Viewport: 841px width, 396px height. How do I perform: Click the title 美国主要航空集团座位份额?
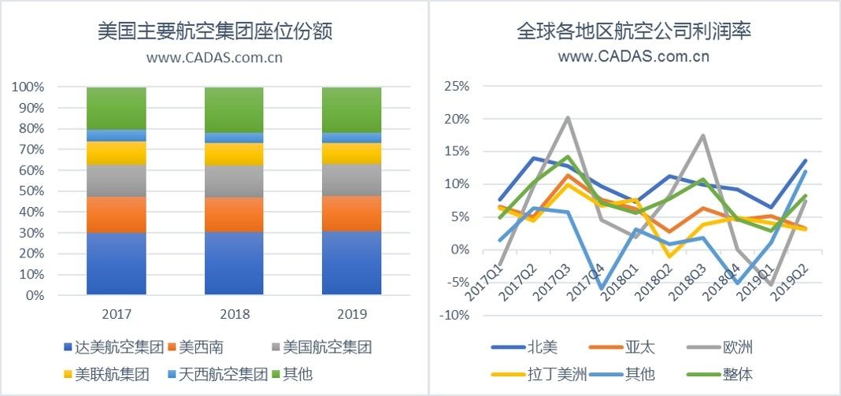tap(214, 31)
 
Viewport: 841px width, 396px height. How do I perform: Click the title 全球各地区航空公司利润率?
tap(633, 31)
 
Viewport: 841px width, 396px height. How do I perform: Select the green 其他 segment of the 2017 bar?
tap(116, 108)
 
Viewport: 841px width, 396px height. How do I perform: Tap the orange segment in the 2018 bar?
tap(234, 214)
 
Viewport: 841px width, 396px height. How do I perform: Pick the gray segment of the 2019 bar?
tap(351, 179)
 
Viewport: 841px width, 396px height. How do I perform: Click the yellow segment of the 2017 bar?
tap(116, 153)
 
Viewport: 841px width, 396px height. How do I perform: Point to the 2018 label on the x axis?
tap(234, 315)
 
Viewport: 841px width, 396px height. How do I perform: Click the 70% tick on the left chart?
tap(28, 150)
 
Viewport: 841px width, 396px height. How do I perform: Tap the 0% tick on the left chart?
tap(33, 296)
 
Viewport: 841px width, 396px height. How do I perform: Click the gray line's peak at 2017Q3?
tap(568, 118)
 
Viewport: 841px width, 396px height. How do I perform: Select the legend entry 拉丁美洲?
tap(555, 374)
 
